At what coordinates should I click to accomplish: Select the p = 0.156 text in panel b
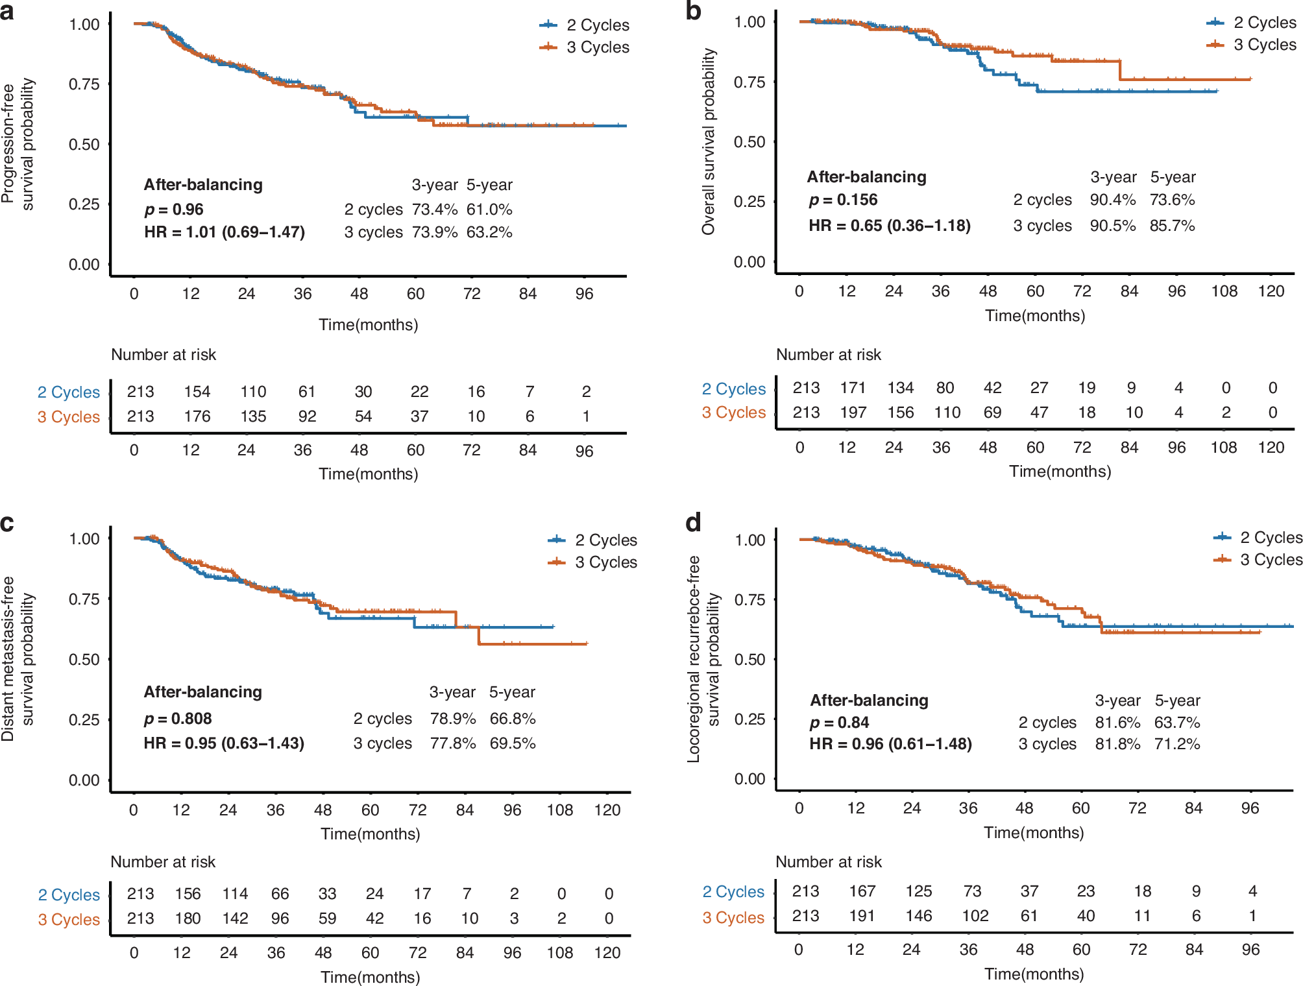coord(843,200)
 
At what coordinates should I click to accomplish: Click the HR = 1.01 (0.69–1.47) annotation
coord(225,232)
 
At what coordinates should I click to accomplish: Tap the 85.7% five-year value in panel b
coord(1172,226)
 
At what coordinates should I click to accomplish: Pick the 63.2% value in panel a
coord(489,232)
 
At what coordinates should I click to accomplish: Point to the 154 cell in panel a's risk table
coord(197,392)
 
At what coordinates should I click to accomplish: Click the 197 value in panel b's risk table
coord(853,413)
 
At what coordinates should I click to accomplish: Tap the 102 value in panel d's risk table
coord(975,916)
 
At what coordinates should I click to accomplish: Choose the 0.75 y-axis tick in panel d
coord(749,600)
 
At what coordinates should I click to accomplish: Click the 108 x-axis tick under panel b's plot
coord(1224,291)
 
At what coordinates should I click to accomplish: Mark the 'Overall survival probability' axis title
coord(708,141)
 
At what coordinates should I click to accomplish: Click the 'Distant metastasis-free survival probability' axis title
coord(18,658)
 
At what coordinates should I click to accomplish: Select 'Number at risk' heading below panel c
coord(163,862)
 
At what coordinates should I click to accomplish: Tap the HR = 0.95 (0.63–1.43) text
coord(224,743)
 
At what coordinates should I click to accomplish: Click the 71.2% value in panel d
coord(1176,744)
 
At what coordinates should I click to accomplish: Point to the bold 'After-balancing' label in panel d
coord(869,701)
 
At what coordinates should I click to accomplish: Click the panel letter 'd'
coord(693,522)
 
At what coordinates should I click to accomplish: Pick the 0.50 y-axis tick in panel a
coord(84,145)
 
